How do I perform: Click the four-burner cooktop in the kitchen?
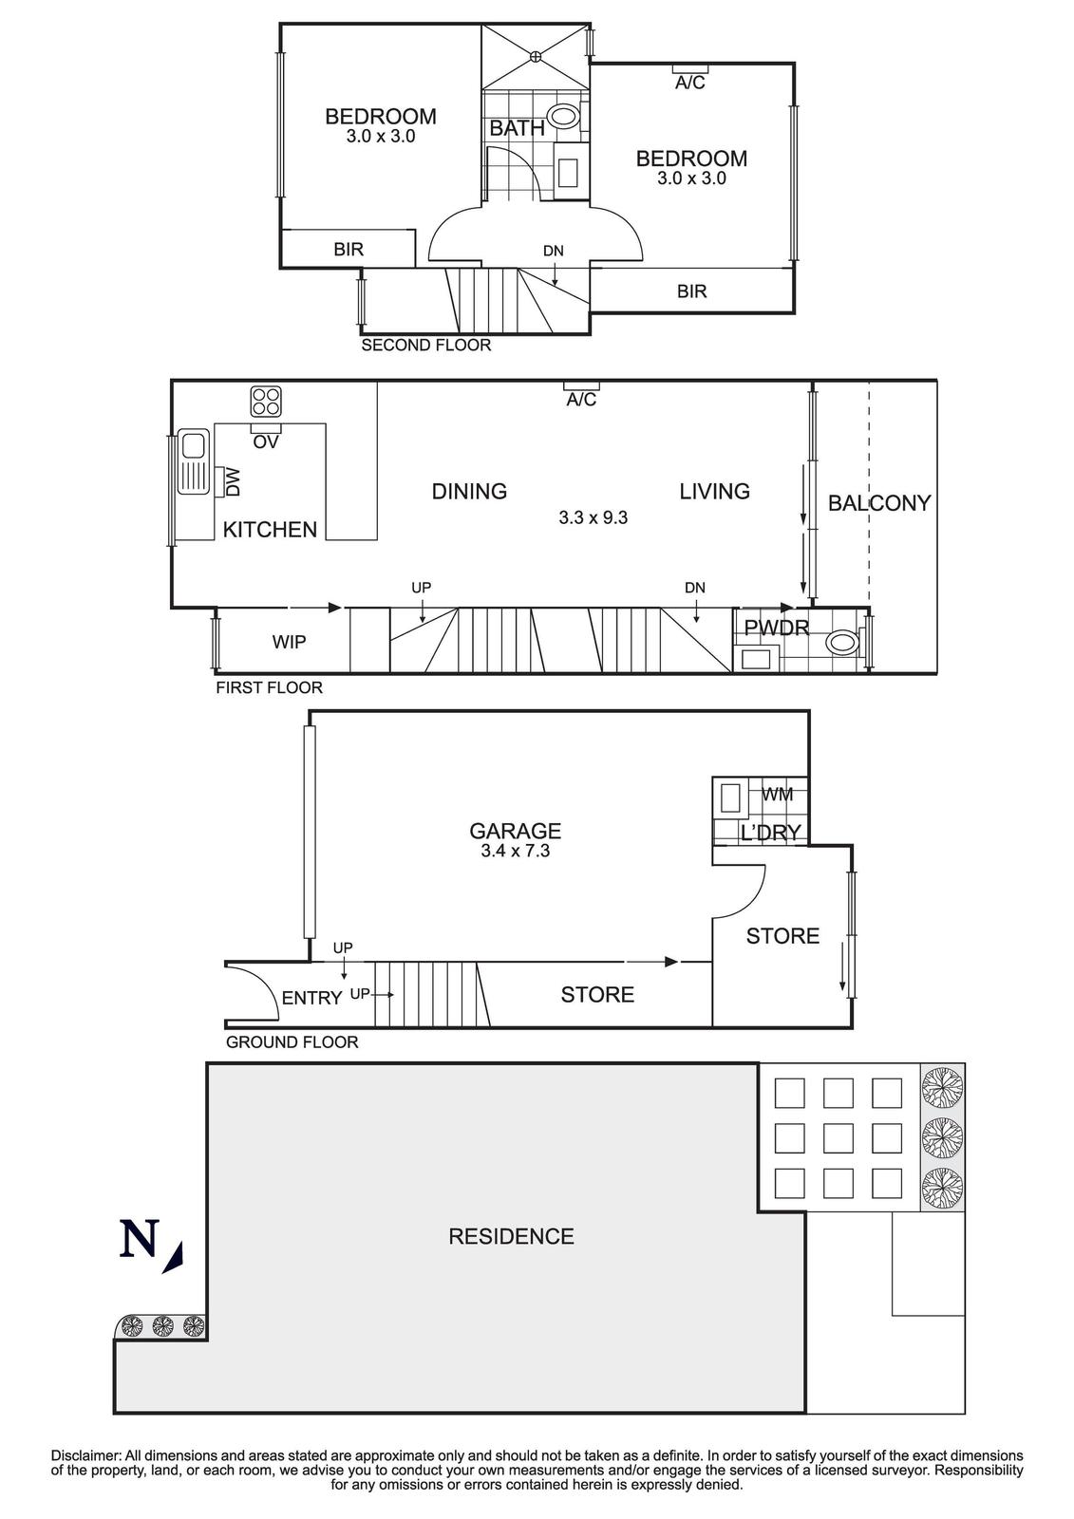(266, 401)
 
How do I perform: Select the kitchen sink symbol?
(194, 462)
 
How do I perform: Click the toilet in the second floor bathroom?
(564, 118)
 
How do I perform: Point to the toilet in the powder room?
(842, 643)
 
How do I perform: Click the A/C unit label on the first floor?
(581, 400)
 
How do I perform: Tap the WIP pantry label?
(289, 643)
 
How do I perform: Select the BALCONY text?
(878, 503)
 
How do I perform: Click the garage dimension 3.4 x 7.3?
(515, 852)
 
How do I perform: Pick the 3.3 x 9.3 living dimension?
(593, 518)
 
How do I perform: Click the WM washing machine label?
(777, 795)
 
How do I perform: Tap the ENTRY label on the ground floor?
(311, 998)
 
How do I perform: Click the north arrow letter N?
(139, 1240)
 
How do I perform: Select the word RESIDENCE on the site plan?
(511, 1236)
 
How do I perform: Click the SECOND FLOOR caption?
(425, 346)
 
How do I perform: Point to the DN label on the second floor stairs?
(553, 252)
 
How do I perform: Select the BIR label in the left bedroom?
(349, 250)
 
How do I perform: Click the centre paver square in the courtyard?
(838, 1137)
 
